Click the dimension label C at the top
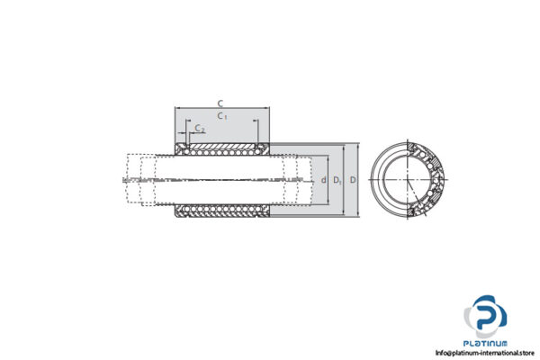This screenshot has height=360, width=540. click(221, 103)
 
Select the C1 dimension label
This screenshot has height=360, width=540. click(221, 115)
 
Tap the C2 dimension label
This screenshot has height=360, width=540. click(199, 129)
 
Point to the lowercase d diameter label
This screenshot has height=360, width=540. click(324, 180)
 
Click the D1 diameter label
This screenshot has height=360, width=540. click(337, 181)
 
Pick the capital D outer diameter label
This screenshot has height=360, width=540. click(352, 180)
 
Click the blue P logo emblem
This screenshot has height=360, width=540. click(487, 317)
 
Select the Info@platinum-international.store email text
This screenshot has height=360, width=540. click(484, 354)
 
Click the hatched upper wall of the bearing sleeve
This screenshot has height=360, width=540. click(221, 145)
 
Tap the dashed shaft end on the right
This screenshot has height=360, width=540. click(297, 180)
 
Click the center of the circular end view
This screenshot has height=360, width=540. click(409, 180)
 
